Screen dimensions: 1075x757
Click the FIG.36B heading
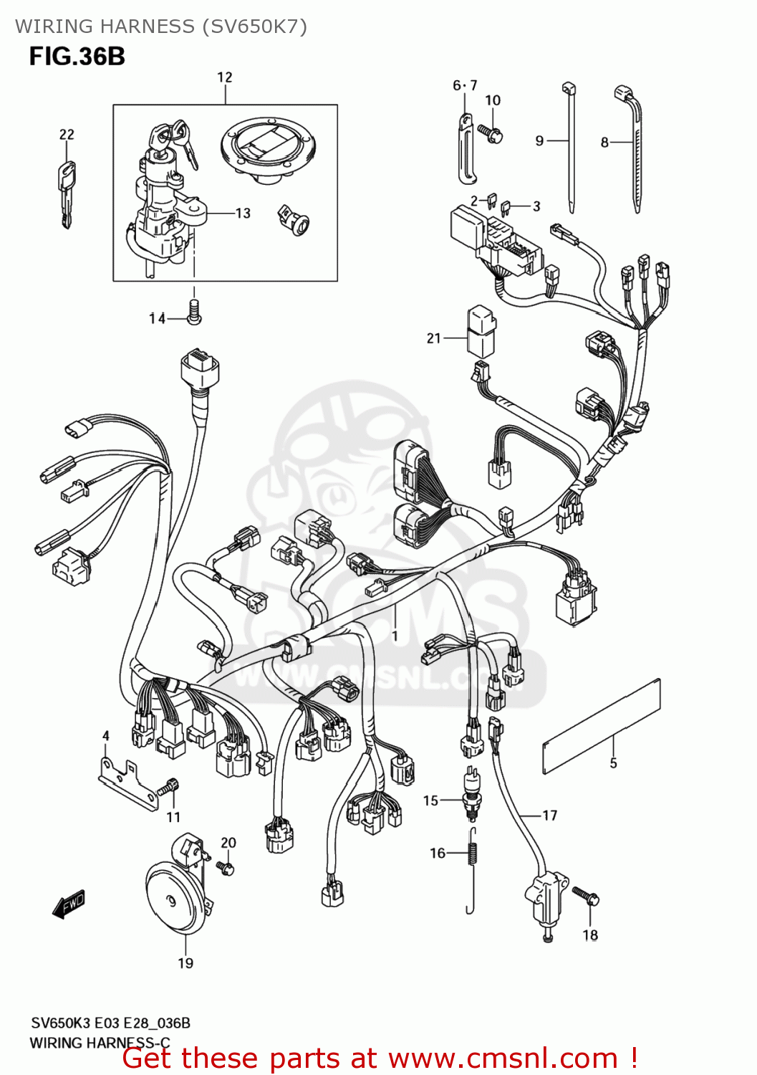[x=77, y=57]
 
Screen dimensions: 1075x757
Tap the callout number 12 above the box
[x=224, y=77]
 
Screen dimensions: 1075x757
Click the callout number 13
[x=243, y=213]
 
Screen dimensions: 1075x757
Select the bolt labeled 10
[x=492, y=133]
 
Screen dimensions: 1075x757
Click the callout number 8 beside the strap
[x=604, y=143]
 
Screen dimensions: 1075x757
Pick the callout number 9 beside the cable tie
[x=539, y=141]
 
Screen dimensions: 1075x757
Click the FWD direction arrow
[x=69, y=904]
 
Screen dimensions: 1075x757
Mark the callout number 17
[x=549, y=816]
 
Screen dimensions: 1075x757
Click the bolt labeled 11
[x=169, y=787]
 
